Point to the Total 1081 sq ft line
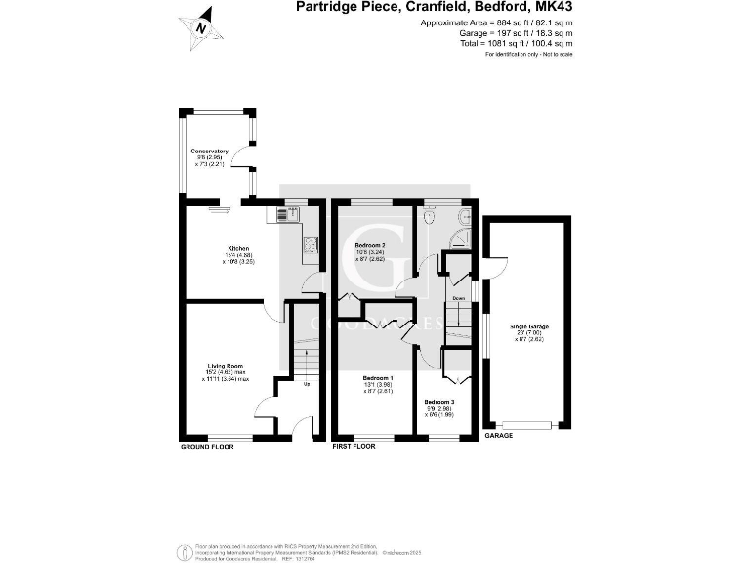click(x=516, y=44)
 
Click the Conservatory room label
click(x=209, y=152)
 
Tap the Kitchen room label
click(x=238, y=249)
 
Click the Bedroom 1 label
click(x=378, y=378)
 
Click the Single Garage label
click(x=526, y=325)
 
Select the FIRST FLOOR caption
click(x=354, y=446)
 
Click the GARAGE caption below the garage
click(x=499, y=436)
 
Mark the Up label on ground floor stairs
click(x=307, y=383)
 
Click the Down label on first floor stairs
click(x=458, y=298)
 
